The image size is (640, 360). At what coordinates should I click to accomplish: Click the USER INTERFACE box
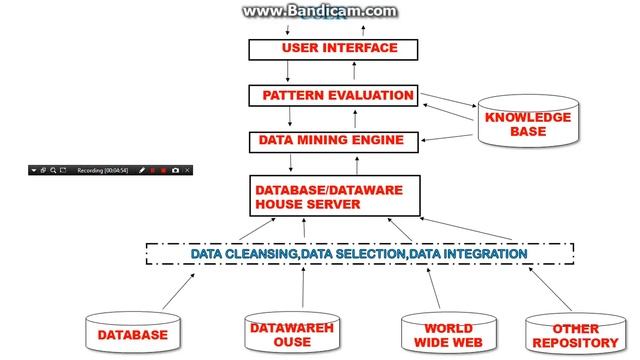(333, 48)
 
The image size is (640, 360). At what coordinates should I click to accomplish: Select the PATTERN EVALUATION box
(333, 95)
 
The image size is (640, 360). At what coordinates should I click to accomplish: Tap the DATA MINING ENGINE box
(333, 141)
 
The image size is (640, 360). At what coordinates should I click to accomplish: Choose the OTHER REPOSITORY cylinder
(575, 334)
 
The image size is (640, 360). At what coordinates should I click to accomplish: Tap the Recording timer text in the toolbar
(104, 171)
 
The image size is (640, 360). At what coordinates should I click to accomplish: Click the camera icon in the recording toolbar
(175, 171)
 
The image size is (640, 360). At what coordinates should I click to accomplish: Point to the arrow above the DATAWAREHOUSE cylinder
(301, 290)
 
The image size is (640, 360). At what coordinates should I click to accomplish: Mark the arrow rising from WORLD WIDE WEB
(436, 290)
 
